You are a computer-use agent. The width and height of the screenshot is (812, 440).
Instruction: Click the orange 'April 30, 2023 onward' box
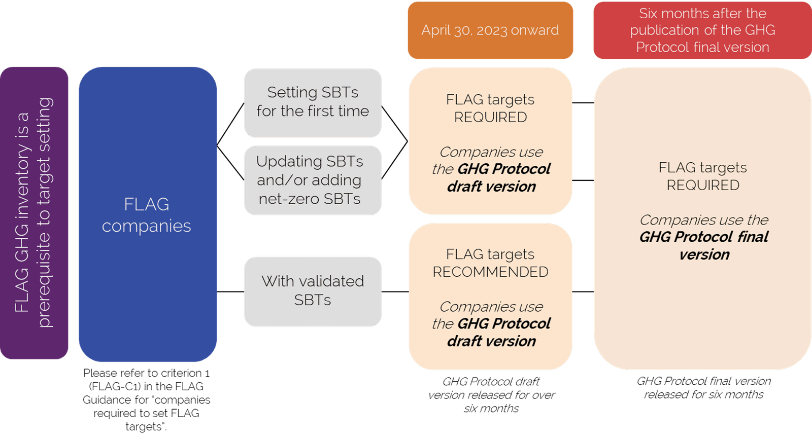(490, 30)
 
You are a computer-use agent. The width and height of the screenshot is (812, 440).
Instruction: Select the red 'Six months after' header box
(702, 30)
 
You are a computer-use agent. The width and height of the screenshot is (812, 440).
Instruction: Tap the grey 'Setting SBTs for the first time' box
(313, 102)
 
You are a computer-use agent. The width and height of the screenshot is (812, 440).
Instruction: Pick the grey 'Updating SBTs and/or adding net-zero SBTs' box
(313, 180)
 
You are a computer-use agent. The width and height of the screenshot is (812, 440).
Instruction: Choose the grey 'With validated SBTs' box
(313, 291)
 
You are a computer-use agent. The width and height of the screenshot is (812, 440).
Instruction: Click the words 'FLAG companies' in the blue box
(147, 215)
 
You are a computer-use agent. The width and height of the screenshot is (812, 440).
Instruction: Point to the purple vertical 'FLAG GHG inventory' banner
(33, 213)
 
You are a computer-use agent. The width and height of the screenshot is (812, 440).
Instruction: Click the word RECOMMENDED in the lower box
(490, 272)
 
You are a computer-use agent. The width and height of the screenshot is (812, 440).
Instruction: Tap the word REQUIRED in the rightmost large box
(703, 186)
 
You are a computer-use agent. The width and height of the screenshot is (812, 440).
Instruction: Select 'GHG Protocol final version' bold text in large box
(704, 245)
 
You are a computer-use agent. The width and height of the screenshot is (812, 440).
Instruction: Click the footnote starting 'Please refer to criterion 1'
(146, 399)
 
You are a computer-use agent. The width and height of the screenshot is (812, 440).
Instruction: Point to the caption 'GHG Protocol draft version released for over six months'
(491, 395)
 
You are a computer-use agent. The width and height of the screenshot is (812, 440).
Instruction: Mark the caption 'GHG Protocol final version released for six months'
(703, 388)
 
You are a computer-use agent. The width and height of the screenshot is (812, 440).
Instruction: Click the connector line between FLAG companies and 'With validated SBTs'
(230, 292)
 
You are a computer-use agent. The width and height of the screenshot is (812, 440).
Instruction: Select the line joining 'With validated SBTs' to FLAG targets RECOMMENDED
(395, 292)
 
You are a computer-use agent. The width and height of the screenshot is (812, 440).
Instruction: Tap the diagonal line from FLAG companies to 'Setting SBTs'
(230, 125)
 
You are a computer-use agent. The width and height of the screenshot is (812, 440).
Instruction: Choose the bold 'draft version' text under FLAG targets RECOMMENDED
(491, 341)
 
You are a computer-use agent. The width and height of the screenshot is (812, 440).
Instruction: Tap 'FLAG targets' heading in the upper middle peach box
(490, 99)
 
